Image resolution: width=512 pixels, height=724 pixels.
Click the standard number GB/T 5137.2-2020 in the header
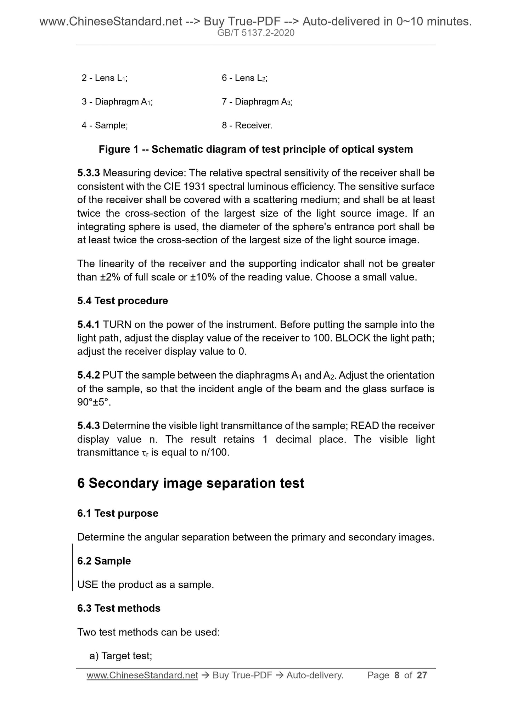coord(256,33)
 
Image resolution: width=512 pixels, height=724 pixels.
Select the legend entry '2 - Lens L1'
coord(105,78)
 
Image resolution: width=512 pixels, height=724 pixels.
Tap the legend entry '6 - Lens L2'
coord(244,78)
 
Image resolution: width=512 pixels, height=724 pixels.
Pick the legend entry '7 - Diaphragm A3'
coord(257,102)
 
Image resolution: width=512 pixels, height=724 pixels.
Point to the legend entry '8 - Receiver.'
coord(247,125)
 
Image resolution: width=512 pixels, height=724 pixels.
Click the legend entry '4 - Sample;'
coord(105,125)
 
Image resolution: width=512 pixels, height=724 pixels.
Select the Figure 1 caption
coord(256,149)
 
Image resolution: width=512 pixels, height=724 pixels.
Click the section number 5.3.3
coord(89,173)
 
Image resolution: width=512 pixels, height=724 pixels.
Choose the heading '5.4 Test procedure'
coord(123,301)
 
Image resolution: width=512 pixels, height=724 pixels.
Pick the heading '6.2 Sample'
coord(104,561)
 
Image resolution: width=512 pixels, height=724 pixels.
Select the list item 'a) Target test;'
coord(121,656)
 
